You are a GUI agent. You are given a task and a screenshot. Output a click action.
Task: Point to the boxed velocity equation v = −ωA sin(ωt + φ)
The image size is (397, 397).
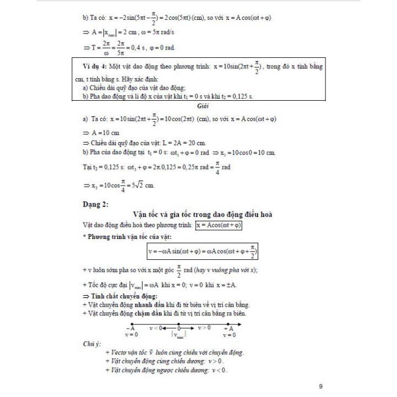coord(203,252)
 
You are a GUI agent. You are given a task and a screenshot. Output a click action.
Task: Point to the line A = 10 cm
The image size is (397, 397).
coord(105,133)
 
